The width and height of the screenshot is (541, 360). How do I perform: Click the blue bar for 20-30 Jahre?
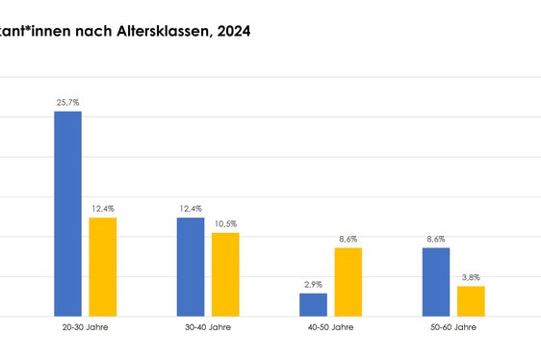(67, 214)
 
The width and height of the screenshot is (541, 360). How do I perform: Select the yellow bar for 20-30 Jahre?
(102, 267)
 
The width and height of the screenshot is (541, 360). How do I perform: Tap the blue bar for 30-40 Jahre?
(191, 267)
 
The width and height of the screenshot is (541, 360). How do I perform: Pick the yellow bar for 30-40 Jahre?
(225, 274)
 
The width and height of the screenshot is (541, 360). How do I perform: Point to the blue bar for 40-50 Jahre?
(313, 304)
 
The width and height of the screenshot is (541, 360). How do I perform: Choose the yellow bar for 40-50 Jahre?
(348, 282)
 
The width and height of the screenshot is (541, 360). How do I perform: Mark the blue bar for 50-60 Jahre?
(436, 282)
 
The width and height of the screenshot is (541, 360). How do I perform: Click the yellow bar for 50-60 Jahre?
(471, 300)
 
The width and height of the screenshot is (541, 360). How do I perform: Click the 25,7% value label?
(67, 100)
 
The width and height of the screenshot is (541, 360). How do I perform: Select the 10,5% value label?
(225, 223)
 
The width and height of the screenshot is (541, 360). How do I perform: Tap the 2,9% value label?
(313, 284)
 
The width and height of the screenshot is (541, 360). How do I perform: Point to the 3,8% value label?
(471, 277)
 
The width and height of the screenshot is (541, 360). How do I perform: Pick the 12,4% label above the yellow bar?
(102, 208)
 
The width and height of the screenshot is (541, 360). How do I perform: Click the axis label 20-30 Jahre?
(85, 327)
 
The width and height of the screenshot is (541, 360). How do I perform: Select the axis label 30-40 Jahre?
(208, 327)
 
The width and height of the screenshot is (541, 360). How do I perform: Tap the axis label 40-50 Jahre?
(330, 327)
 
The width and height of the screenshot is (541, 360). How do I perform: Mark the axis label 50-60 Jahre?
(453, 327)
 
